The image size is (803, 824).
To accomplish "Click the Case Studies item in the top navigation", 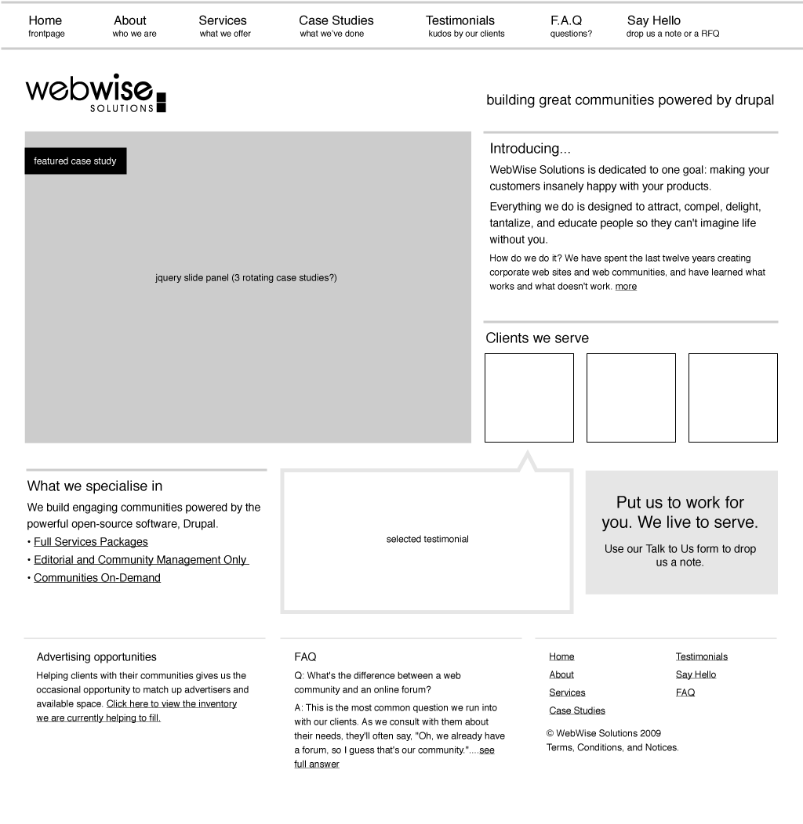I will coord(336,21).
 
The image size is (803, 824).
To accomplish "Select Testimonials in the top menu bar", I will coord(460,21).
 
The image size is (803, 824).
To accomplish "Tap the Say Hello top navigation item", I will coord(653,21).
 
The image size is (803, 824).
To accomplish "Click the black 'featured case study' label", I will coord(75,161).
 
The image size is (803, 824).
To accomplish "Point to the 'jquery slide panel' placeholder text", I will coord(246,278).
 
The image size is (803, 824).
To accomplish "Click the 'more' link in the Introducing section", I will coord(626,287).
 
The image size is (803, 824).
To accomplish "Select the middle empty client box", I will coord(630,398).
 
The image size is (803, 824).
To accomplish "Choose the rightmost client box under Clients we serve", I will coord(732,398).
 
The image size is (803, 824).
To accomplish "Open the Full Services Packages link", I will coord(91,542).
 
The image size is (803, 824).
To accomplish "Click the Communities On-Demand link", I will coord(97,578).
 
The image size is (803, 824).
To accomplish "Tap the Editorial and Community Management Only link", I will coord(140,560).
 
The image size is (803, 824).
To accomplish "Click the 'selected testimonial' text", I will coord(427,540).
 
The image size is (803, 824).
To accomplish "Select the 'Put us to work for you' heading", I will coord(680,512).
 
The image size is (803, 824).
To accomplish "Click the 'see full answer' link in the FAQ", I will coord(486,750).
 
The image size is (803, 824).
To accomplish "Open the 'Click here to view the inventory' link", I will coord(172,704).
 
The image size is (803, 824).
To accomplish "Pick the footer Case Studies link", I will coord(577,711).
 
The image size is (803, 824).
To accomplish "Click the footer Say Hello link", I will coord(696,675).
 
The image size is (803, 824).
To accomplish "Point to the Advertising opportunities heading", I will coord(96,657).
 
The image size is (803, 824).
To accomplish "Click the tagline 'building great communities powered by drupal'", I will coord(630,100).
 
